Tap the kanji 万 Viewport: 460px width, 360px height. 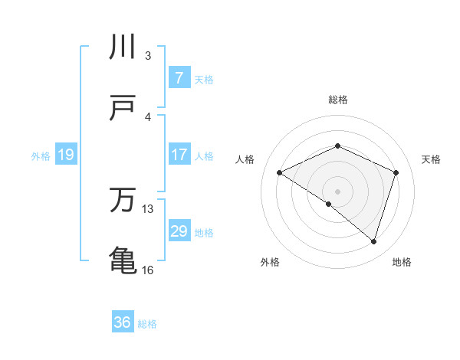tap(123, 201)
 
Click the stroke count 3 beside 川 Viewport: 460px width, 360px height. tap(148, 55)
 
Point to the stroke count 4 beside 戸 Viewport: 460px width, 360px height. tap(148, 116)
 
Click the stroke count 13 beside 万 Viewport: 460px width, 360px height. tap(149, 209)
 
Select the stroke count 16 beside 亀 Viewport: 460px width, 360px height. tap(148, 270)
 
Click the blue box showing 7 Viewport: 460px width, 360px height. tap(179, 77)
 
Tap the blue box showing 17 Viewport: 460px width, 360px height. tap(179, 155)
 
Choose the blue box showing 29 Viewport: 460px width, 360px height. tap(179, 231)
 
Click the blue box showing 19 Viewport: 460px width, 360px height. tap(65, 155)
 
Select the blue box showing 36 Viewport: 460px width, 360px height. tap(123, 322)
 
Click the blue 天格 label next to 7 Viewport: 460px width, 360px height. tap(204, 79)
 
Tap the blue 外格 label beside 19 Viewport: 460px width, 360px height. tap(41, 156)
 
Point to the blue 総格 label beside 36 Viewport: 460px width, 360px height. tap(147, 324)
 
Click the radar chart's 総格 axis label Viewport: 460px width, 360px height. tap(337, 100)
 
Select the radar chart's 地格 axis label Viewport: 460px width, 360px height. tap(402, 263)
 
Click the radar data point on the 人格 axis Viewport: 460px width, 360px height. tap(280, 172)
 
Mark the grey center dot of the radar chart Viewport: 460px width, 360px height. tap(337, 191)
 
